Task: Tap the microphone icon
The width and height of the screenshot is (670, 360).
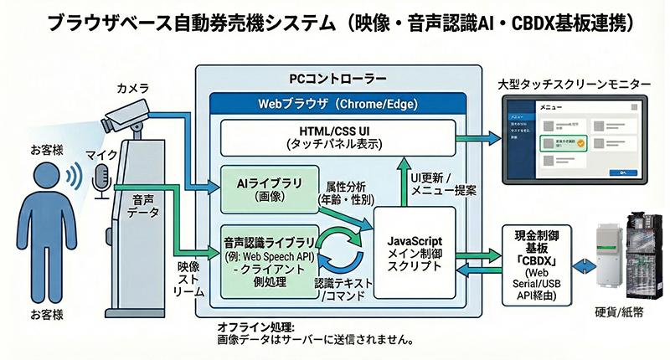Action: click(x=101, y=177)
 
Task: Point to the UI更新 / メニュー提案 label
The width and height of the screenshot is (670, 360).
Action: click(x=443, y=183)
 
